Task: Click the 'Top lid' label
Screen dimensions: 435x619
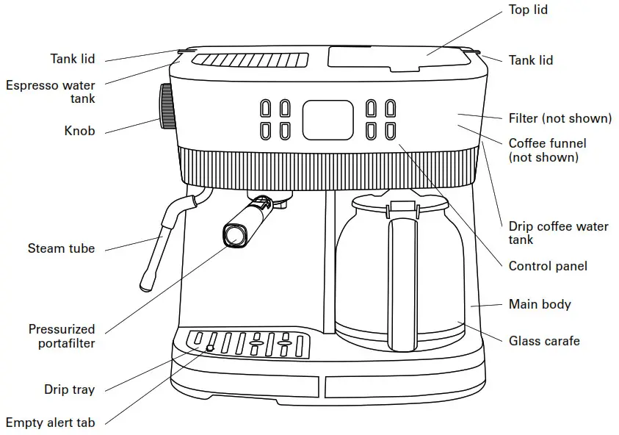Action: tap(528, 10)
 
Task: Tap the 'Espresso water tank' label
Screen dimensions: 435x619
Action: tap(50, 92)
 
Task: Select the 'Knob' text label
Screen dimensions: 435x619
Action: tap(79, 132)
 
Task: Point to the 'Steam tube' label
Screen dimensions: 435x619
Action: tap(61, 248)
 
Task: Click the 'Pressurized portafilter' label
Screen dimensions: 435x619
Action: tap(62, 336)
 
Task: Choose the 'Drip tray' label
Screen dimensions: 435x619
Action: tap(69, 389)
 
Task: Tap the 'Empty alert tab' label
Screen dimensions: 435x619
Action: tap(50, 423)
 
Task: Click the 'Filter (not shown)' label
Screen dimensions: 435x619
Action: tap(560, 118)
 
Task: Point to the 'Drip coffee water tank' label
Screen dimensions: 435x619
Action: tap(558, 233)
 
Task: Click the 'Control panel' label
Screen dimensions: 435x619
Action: tap(548, 266)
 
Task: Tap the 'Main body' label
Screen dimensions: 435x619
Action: tap(540, 304)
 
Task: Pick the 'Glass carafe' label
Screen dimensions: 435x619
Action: tap(544, 341)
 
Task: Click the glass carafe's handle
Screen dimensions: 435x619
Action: tap(402, 279)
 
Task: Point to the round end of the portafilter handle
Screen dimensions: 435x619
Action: tap(234, 235)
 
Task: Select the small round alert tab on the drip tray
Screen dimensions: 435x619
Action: tap(210, 348)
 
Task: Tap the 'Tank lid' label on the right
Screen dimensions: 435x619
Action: tap(531, 60)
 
